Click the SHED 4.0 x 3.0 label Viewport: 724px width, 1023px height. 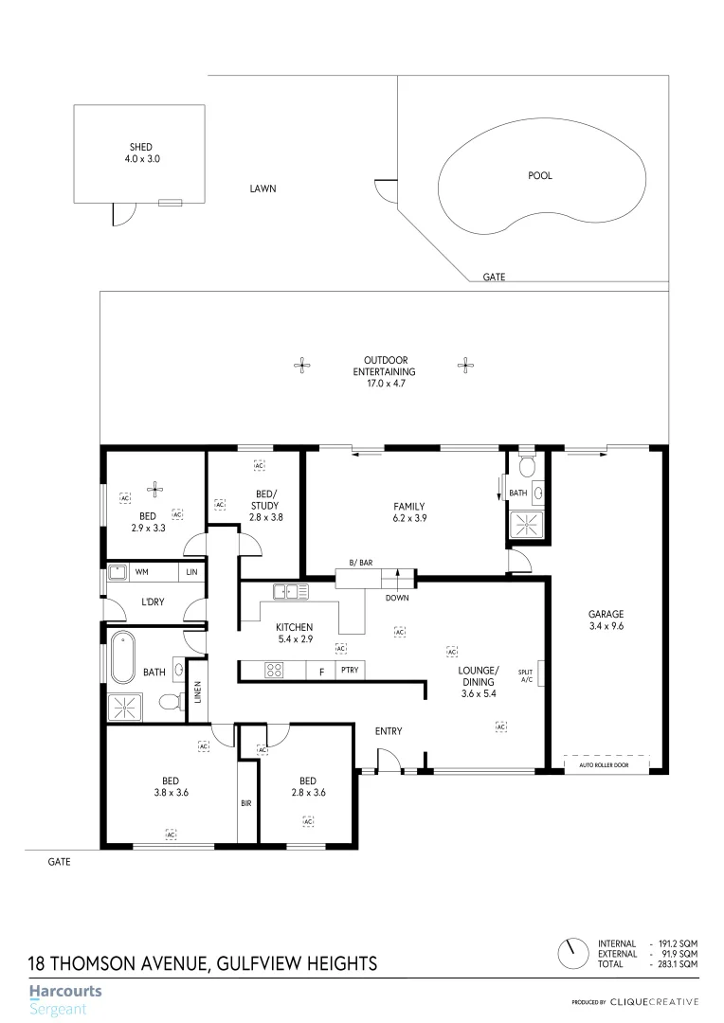tap(141, 153)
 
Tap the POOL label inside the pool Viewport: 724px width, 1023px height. tap(539, 175)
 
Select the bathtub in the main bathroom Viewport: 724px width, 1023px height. tap(123, 658)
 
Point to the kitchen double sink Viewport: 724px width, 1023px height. tap(292, 593)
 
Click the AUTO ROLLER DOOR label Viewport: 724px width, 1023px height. tap(607, 764)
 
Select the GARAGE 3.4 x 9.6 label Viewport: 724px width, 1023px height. tap(606, 619)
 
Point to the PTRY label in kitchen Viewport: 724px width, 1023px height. tap(349, 671)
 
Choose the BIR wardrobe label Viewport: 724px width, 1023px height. tap(246, 802)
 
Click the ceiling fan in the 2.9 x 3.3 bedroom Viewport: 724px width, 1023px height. tap(155, 489)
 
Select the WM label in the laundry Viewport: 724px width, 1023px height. tap(142, 572)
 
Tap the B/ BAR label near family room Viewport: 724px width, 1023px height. tap(360, 563)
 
